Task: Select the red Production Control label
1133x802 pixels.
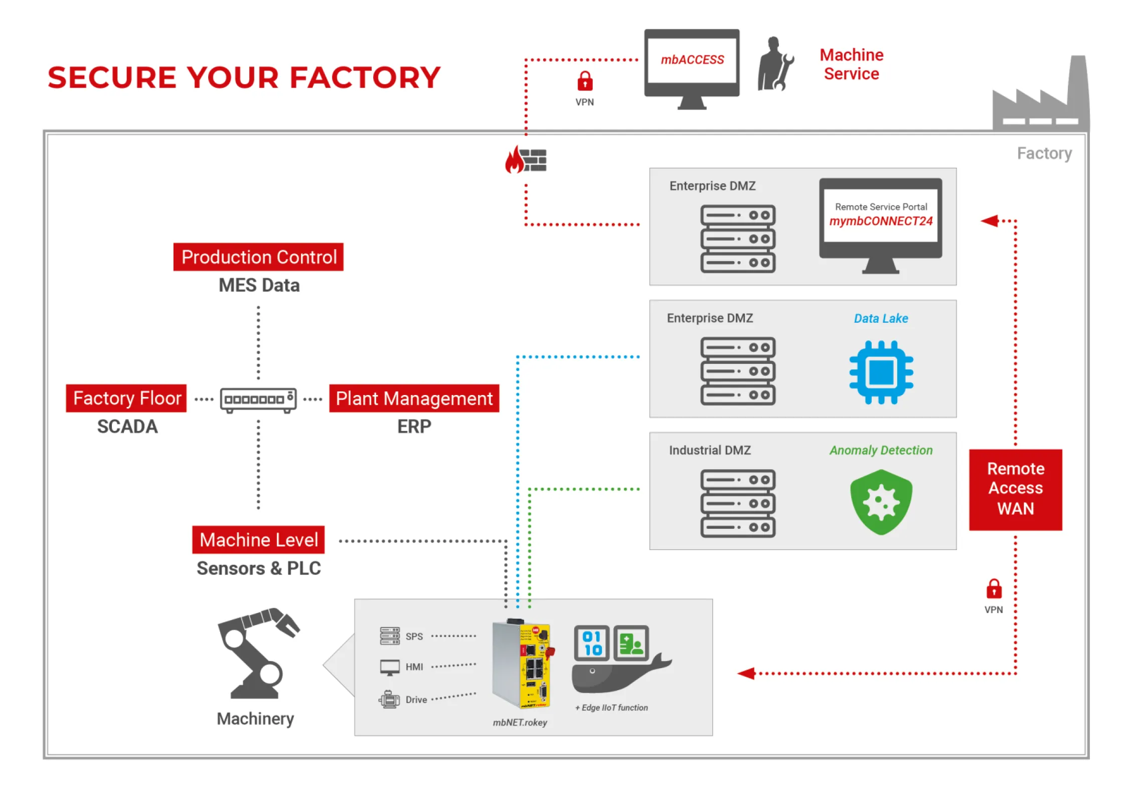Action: (x=258, y=257)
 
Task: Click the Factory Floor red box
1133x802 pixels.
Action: (x=126, y=398)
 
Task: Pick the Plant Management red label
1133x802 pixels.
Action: (x=414, y=398)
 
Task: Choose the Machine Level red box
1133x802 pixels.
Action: (x=258, y=540)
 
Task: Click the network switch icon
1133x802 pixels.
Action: (x=258, y=400)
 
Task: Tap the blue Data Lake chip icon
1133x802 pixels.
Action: (x=881, y=372)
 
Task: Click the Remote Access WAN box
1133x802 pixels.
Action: (x=1015, y=489)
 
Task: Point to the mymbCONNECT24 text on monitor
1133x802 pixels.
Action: (x=881, y=221)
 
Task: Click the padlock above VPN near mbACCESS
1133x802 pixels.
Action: (x=584, y=81)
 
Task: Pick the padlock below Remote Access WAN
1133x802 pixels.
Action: (x=994, y=589)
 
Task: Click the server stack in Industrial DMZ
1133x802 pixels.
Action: (x=738, y=503)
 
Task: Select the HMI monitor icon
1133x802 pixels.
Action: (x=390, y=667)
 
